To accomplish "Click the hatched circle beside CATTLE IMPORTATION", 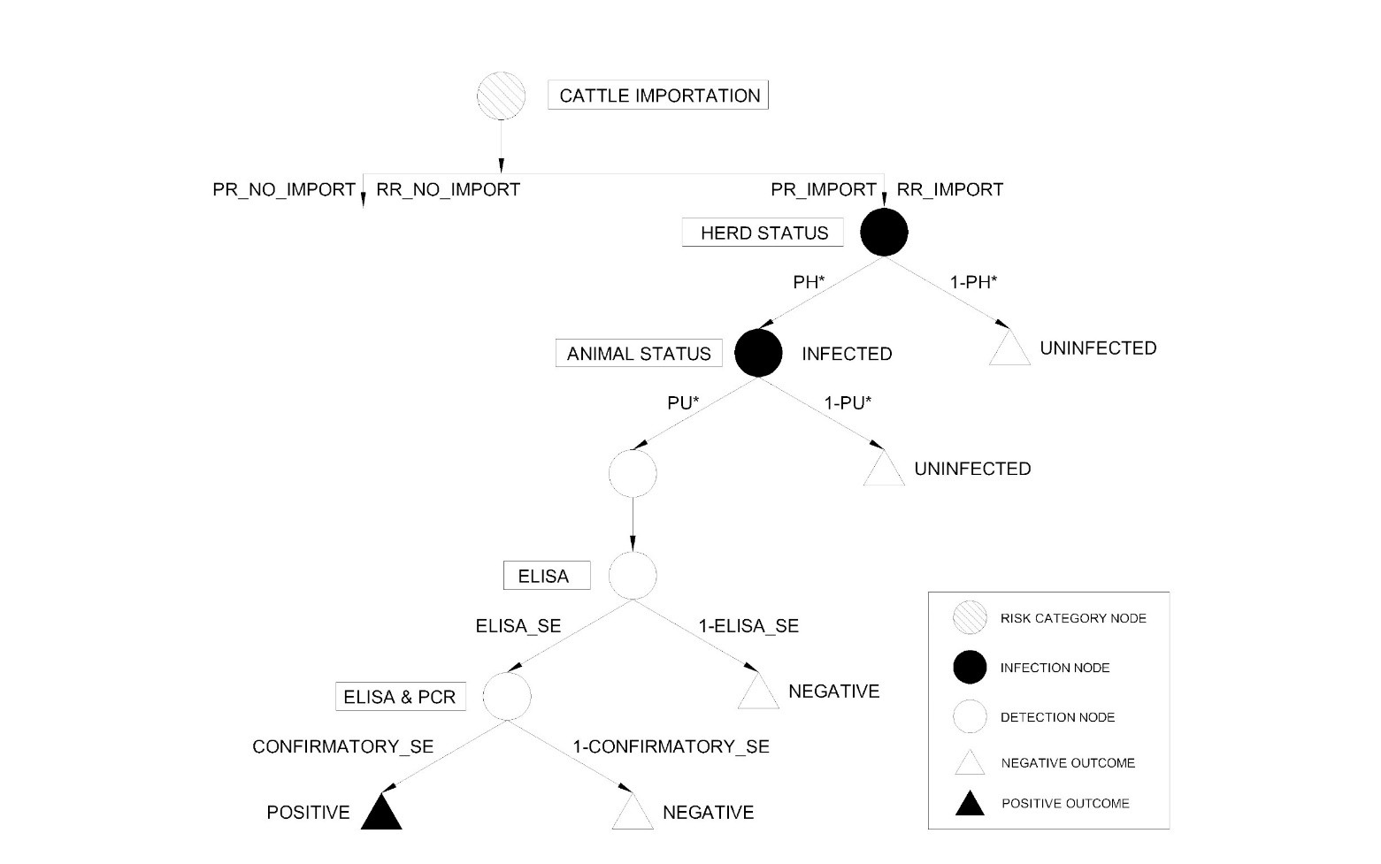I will pyautogui.click(x=501, y=96).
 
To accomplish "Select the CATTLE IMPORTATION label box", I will pyautogui.click(x=658, y=96).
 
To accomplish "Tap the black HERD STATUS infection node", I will pyautogui.click(x=884, y=233).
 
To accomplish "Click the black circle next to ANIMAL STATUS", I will pyautogui.click(x=758, y=353).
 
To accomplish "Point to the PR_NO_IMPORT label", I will pyautogui.click(x=284, y=190).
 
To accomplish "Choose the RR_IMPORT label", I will pyautogui.click(x=950, y=190).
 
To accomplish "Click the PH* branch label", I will pyautogui.click(x=809, y=283).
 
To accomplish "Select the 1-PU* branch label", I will pyautogui.click(x=848, y=403).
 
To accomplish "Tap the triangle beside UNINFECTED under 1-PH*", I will pyautogui.click(x=1009, y=349).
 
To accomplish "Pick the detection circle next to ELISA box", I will pyautogui.click(x=633, y=576).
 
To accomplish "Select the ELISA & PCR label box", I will pyautogui.click(x=400, y=697).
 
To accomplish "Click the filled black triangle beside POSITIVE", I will pyautogui.click(x=381, y=813).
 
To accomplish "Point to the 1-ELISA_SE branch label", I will pyautogui.click(x=748, y=626).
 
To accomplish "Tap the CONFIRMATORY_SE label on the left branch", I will pyautogui.click(x=343, y=747).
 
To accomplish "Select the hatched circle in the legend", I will pyautogui.click(x=970, y=618).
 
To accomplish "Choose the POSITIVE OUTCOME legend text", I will pyautogui.click(x=1065, y=804).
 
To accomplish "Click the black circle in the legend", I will pyautogui.click(x=970, y=668).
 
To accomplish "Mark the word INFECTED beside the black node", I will pyautogui.click(x=847, y=354).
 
